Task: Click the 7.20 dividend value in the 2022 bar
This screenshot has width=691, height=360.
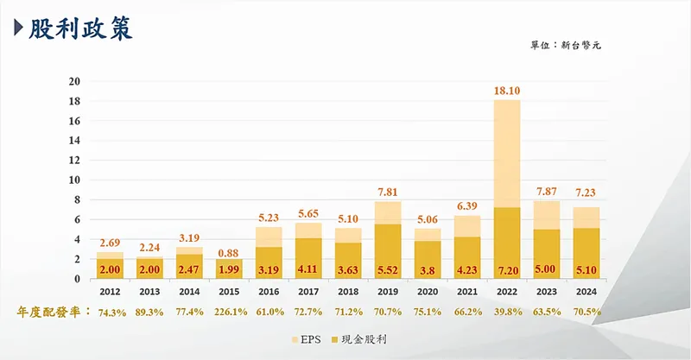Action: (507, 268)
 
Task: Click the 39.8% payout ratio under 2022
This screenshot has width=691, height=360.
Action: (507, 311)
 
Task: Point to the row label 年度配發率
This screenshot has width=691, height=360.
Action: (51, 311)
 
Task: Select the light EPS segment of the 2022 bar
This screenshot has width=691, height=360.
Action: (507, 151)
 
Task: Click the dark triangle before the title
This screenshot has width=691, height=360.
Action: (19, 28)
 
